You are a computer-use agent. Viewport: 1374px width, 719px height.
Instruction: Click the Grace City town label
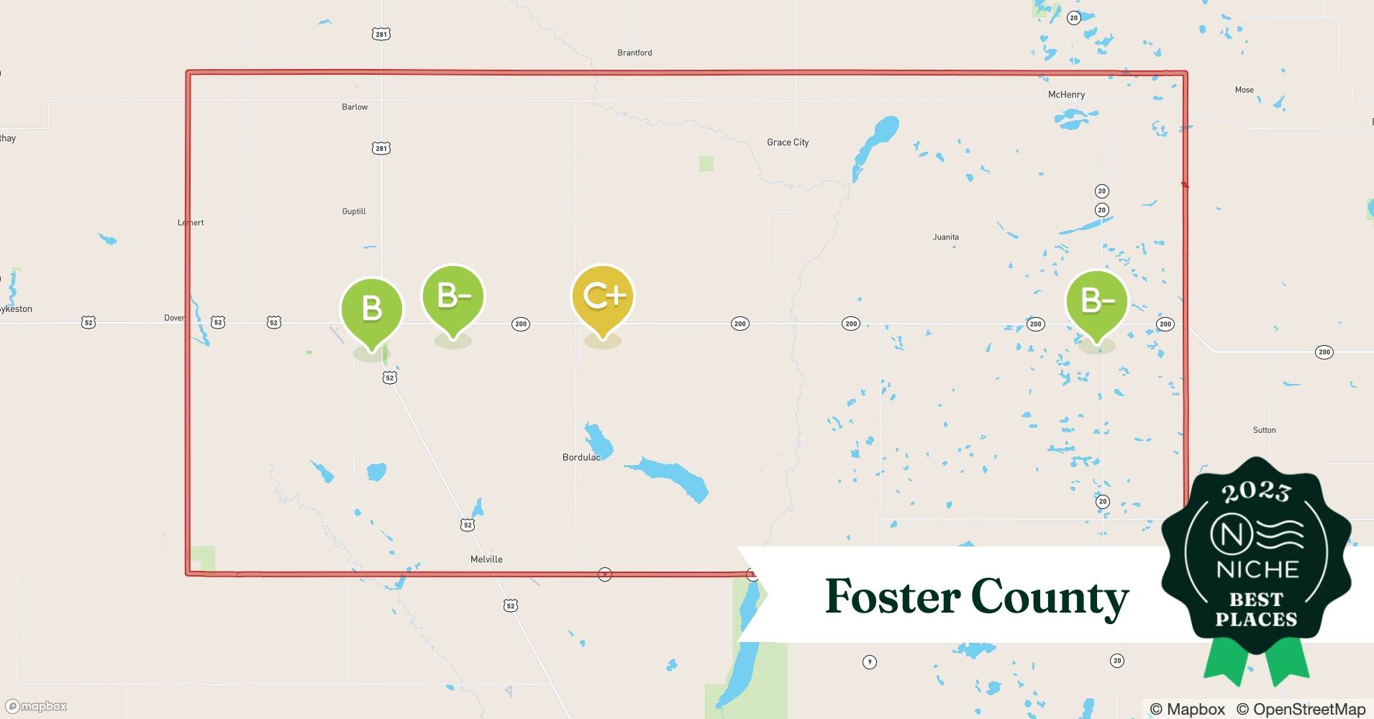click(x=788, y=142)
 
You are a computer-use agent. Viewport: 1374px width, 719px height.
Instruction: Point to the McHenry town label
click(x=1066, y=95)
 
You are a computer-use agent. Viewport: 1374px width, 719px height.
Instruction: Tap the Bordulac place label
click(x=581, y=457)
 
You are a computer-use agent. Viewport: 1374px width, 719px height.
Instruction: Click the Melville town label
click(x=486, y=559)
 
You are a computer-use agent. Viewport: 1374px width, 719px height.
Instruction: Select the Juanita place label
click(x=945, y=237)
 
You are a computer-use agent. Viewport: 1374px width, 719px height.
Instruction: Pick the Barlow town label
click(x=355, y=107)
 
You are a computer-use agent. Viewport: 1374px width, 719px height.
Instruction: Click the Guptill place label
click(x=354, y=211)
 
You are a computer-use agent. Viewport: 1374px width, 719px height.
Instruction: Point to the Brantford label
click(x=634, y=52)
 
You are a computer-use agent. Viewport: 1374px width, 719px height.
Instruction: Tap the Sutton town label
click(x=1264, y=430)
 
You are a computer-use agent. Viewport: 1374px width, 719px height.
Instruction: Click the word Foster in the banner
click(x=892, y=597)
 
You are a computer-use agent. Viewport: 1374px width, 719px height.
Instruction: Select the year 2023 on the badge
click(x=1256, y=492)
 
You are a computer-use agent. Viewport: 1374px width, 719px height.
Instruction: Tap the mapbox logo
click(x=37, y=706)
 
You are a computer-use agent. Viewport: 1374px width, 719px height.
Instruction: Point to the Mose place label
click(x=1244, y=90)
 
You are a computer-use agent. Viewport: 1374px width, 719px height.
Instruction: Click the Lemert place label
click(x=191, y=223)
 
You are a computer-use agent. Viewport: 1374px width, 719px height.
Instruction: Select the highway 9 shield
click(x=870, y=661)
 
